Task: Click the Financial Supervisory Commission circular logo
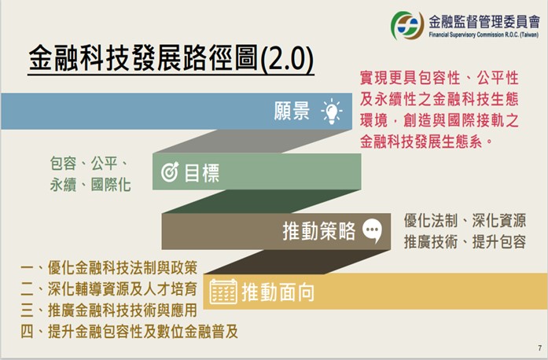point(407,25)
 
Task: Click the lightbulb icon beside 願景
point(331,111)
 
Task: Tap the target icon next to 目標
point(170,171)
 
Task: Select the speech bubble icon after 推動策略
point(372,230)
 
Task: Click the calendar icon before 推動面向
point(223,292)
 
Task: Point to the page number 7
point(540,348)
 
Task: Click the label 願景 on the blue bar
point(292,111)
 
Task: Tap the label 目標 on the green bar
point(201,172)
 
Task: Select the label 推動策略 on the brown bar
point(318,231)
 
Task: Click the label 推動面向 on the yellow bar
point(278,292)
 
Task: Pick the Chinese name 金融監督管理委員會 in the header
point(484,22)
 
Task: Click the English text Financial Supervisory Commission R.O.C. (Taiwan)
point(484,35)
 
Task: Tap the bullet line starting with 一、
point(109,268)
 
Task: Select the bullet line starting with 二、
point(109,289)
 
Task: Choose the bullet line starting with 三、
point(109,310)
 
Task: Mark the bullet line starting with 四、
point(129,332)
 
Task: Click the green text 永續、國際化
point(90,185)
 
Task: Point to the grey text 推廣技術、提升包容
point(465,241)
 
